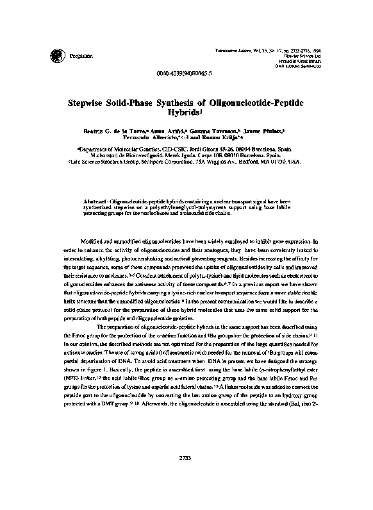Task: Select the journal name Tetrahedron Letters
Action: (233, 31)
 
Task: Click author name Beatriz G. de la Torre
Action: (111, 130)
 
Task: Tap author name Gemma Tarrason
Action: (217, 130)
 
